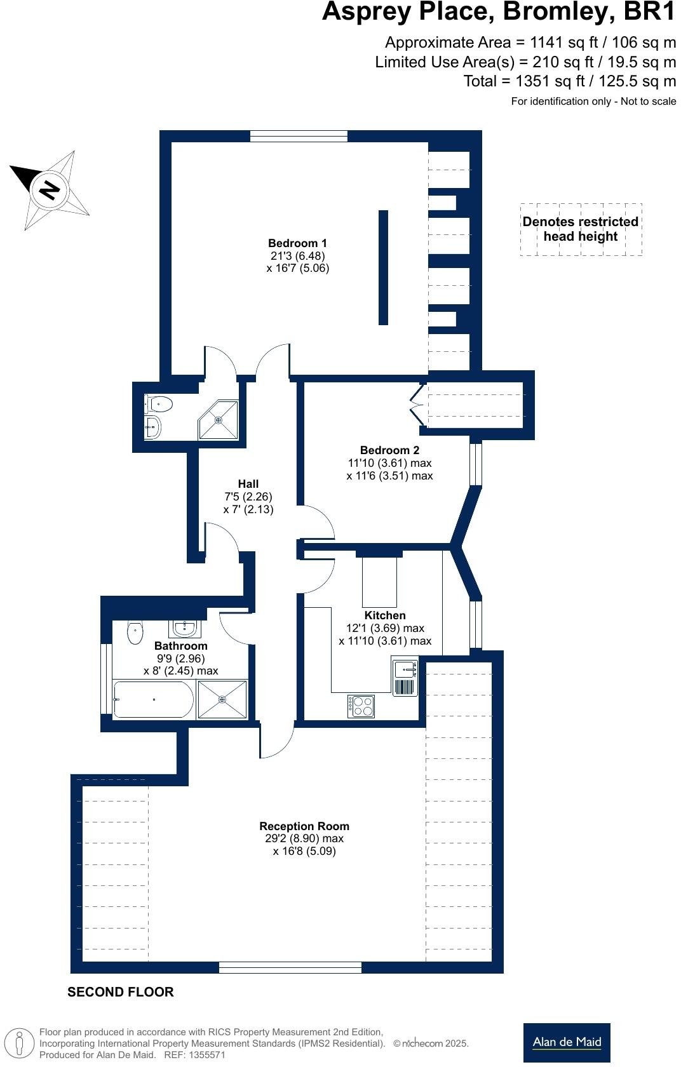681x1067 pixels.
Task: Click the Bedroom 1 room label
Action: tap(297, 243)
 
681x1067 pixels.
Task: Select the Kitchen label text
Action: tap(385, 615)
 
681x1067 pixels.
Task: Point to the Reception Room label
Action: tap(304, 826)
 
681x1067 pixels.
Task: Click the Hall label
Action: tap(248, 484)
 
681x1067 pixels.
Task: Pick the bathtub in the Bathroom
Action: tap(152, 699)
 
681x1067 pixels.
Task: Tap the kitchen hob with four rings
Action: tap(361, 706)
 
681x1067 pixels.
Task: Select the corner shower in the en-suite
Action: tap(219, 419)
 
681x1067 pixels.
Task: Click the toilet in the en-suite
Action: tap(159, 404)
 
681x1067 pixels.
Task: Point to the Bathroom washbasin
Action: tap(185, 628)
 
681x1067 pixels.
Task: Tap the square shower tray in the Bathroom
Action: tap(222, 699)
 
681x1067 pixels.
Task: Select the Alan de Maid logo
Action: tap(567, 1042)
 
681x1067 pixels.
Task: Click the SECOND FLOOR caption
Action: tap(121, 992)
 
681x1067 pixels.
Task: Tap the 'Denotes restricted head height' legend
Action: tap(581, 229)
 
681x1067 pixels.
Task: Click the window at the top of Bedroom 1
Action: tap(299, 136)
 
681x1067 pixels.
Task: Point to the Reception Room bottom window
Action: tap(290, 967)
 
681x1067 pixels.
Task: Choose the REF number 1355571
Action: tap(204, 1055)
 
